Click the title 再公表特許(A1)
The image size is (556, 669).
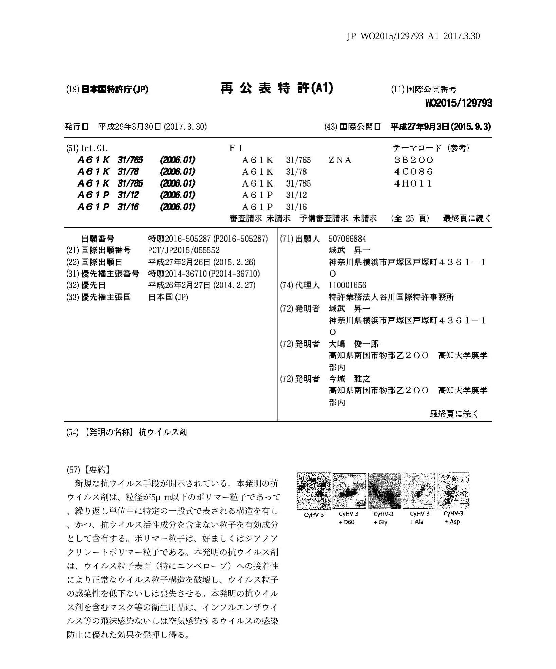(x=277, y=89)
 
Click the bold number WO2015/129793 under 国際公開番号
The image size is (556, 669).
(x=458, y=103)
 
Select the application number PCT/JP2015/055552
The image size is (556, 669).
(x=184, y=250)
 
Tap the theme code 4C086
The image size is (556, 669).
(x=414, y=172)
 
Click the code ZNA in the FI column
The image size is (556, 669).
(x=340, y=160)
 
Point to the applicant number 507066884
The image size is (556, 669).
(x=347, y=239)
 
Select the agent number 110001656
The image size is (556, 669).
(x=347, y=285)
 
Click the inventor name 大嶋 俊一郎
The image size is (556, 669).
(x=354, y=344)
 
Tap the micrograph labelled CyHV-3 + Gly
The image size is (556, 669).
(x=384, y=491)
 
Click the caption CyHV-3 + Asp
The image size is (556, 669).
(x=453, y=517)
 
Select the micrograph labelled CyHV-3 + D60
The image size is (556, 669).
(x=349, y=491)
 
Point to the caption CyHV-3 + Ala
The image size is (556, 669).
(x=419, y=517)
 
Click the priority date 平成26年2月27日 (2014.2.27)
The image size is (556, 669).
(x=202, y=285)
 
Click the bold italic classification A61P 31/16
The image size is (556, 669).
(x=108, y=207)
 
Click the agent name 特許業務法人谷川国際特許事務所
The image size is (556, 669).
(x=391, y=297)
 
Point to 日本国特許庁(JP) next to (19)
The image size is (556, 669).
(x=115, y=89)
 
